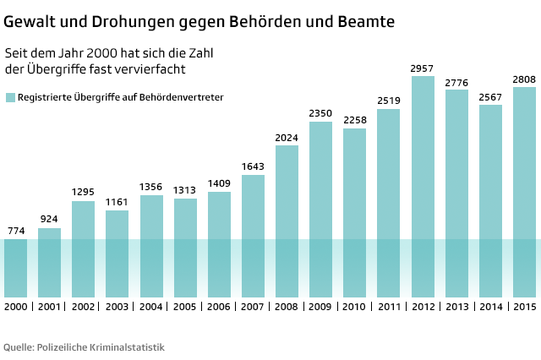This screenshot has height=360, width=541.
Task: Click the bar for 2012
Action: click(x=423, y=186)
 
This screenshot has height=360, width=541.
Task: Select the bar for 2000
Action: click(x=16, y=266)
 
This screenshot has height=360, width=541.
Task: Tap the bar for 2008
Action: click(x=287, y=220)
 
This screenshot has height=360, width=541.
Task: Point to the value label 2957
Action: click(x=423, y=68)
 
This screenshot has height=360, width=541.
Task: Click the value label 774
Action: click(x=16, y=231)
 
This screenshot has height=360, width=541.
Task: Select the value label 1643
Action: click(x=253, y=166)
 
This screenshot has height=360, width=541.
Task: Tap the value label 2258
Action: click(x=354, y=120)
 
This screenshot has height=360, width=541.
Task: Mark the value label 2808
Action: click(x=524, y=79)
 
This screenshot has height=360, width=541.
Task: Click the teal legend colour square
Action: click(x=10, y=98)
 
